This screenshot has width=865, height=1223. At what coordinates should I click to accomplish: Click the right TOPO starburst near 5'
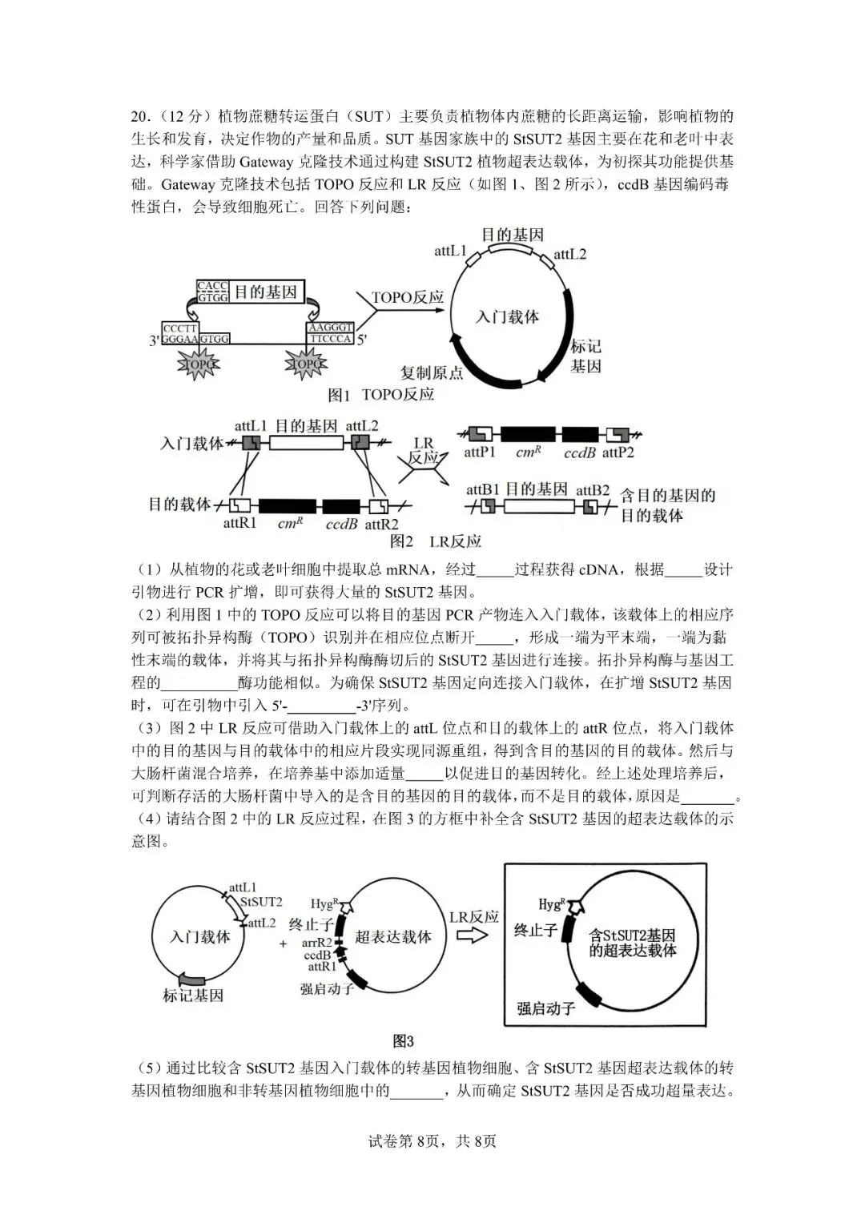[306, 365]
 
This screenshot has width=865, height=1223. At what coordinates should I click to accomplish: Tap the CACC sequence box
[212, 292]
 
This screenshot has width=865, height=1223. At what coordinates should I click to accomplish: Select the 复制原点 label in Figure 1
[432, 372]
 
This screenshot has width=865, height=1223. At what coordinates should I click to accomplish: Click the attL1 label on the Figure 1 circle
[450, 251]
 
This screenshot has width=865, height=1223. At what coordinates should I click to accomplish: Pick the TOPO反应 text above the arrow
[408, 297]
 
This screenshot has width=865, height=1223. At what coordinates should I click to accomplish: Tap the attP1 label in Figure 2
[480, 453]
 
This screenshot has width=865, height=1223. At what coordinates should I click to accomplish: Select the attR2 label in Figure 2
[381, 525]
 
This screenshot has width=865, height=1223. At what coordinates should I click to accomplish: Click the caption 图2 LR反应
[436, 542]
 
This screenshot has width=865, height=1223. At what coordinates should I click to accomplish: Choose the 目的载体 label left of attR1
[179, 504]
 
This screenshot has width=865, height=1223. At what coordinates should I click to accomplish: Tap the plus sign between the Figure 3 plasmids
[283, 943]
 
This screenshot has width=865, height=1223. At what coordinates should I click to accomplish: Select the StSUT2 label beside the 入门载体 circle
[261, 902]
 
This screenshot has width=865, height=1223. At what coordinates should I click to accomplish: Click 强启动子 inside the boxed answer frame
[546, 1008]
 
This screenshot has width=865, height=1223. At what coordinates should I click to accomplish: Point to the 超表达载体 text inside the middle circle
[393, 936]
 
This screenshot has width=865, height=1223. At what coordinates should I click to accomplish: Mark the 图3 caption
[403, 1041]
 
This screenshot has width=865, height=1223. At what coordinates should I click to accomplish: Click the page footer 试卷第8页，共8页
[432, 1141]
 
